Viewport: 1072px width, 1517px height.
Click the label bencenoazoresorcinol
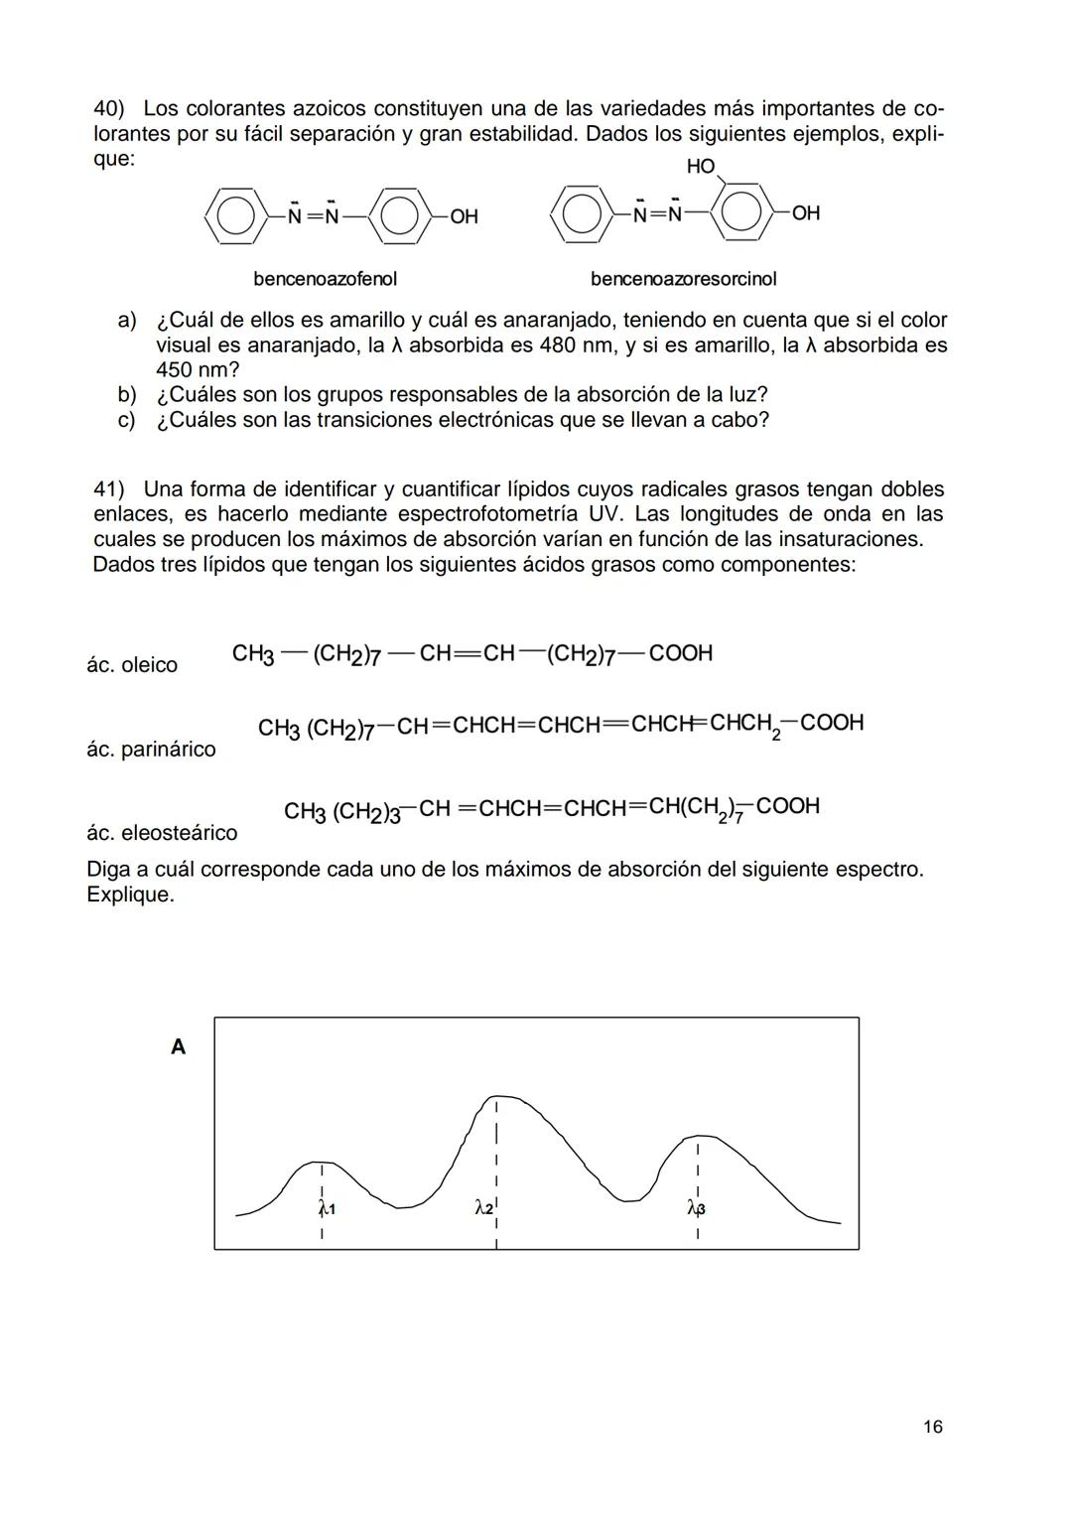pyautogui.click(x=683, y=279)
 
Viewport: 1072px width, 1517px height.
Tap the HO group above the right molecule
pyautogui.click(x=701, y=167)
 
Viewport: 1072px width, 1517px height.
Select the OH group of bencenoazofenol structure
pyautogui.click(x=464, y=216)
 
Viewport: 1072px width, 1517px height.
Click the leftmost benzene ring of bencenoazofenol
pyautogui.click(x=234, y=215)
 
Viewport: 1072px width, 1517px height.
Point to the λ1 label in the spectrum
pyautogui.click(x=327, y=1209)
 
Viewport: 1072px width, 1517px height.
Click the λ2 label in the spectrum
pyautogui.click(x=483, y=1207)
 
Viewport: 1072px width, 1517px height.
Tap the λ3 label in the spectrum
pyautogui.click(x=696, y=1207)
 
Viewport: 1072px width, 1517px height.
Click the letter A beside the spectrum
pyautogui.click(x=179, y=1046)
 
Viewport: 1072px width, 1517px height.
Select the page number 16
pyautogui.click(x=932, y=1427)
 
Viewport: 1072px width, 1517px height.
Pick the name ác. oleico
pyautogui.click(x=132, y=665)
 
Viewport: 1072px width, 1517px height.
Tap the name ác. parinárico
pyautogui.click(x=151, y=750)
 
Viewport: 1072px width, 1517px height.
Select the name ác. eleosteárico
pyautogui.click(x=162, y=833)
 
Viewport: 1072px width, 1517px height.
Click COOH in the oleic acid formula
pyautogui.click(x=680, y=653)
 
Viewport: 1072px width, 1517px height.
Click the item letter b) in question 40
pyautogui.click(x=127, y=395)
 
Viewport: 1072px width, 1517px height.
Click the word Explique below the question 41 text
pyautogui.click(x=129, y=895)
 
